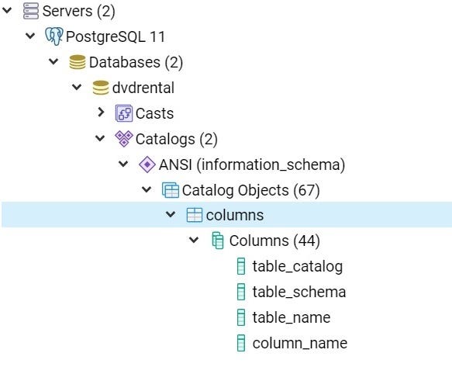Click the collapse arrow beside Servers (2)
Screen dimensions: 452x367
click(x=7, y=10)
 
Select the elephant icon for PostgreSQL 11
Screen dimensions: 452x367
click(x=54, y=36)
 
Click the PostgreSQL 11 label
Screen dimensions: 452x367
click(x=116, y=36)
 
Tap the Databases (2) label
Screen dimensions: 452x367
click(x=136, y=62)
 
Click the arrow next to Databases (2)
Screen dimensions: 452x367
click(x=53, y=61)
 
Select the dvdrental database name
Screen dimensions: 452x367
click(x=143, y=88)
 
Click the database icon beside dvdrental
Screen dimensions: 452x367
click(x=101, y=88)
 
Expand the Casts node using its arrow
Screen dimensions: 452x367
click(x=101, y=112)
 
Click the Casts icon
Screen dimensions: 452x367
click(x=124, y=113)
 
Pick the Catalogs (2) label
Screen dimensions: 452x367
click(x=177, y=139)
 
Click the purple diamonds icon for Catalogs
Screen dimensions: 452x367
click(x=124, y=138)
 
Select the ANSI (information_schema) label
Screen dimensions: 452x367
click(x=252, y=164)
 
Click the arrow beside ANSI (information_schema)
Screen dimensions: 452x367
click(x=123, y=164)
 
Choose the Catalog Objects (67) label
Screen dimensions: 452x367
click(x=250, y=190)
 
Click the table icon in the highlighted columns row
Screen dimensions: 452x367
click(x=195, y=215)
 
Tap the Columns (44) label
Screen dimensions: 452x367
click(x=274, y=241)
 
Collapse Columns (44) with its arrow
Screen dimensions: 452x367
click(x=194, y=240)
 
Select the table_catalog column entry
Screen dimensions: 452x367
click(x=298, y=266)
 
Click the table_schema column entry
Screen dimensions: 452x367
click(x=299, y=292)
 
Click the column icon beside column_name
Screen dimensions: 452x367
click(x=241, y=343)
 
